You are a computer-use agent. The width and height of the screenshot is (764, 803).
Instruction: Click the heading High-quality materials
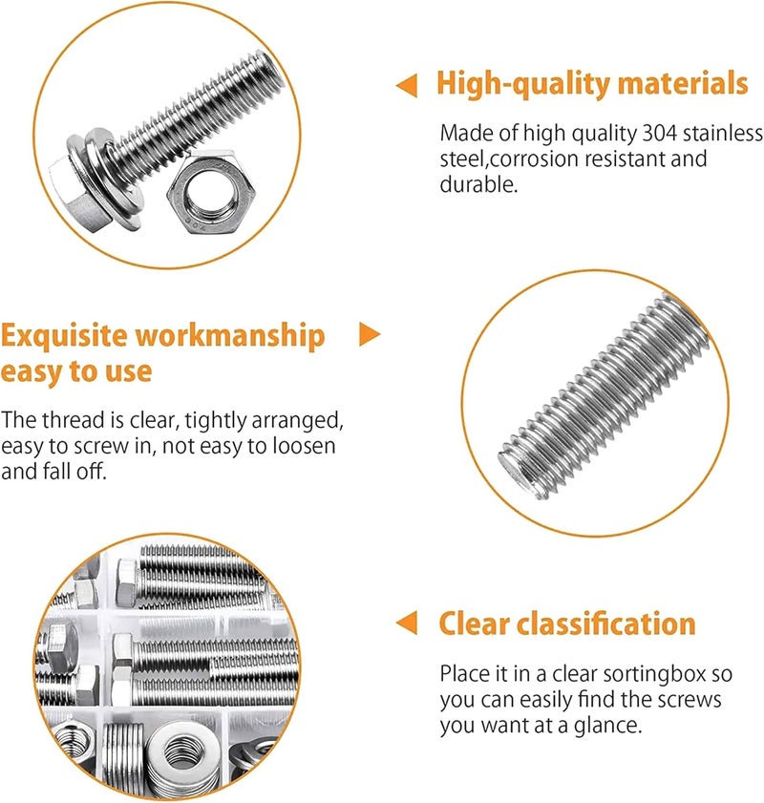tap(591, 84)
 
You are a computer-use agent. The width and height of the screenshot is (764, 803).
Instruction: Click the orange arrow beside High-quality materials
tap(407, 86)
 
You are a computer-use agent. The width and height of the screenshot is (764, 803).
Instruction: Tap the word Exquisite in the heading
tap(64, 336)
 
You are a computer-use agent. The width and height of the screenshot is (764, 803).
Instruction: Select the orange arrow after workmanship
tap(369, 334)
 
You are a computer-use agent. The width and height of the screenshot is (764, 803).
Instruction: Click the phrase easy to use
tap(76, 370)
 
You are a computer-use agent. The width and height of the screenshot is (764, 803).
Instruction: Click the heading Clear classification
tap(566, 624)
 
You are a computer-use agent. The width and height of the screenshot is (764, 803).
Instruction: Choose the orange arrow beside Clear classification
tap(407, 623)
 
